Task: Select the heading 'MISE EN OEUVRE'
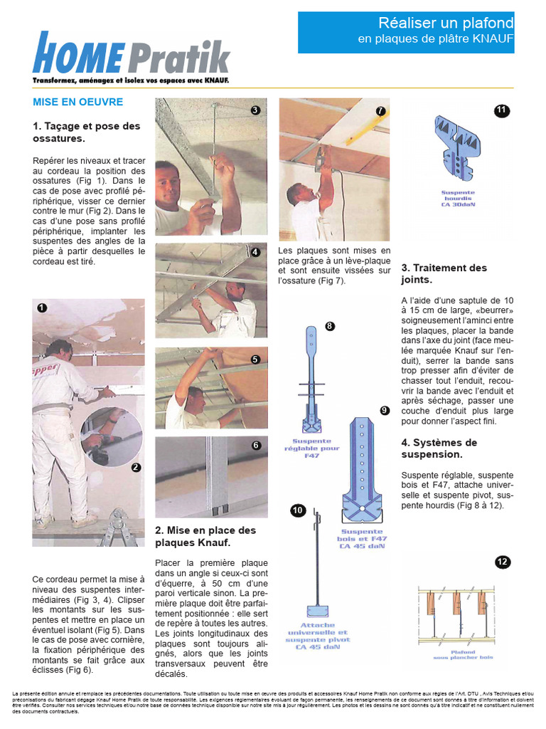78,102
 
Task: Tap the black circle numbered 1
42,308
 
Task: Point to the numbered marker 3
255,110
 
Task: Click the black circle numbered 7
380,111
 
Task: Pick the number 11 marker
502,110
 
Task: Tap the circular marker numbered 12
503,562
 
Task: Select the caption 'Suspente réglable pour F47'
311,449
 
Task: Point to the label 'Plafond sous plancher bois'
463,654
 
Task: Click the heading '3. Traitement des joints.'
444,274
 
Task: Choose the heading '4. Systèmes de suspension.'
439,448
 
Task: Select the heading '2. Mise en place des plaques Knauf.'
205,536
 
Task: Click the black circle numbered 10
297,510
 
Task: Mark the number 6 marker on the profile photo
256,446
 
